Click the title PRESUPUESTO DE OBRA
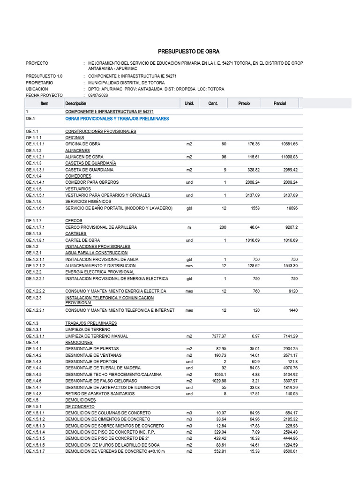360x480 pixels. coord(188,52)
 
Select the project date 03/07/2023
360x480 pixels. coord(98,95)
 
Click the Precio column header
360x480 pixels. coord(244,104)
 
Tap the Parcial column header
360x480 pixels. coord(279,104)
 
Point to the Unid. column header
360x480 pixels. coord(189,104)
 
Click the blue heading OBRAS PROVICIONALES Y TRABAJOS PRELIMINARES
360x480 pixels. coord(117,119)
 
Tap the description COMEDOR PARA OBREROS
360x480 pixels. coord(92,182)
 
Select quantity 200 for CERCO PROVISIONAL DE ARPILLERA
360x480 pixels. coord(223,227)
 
